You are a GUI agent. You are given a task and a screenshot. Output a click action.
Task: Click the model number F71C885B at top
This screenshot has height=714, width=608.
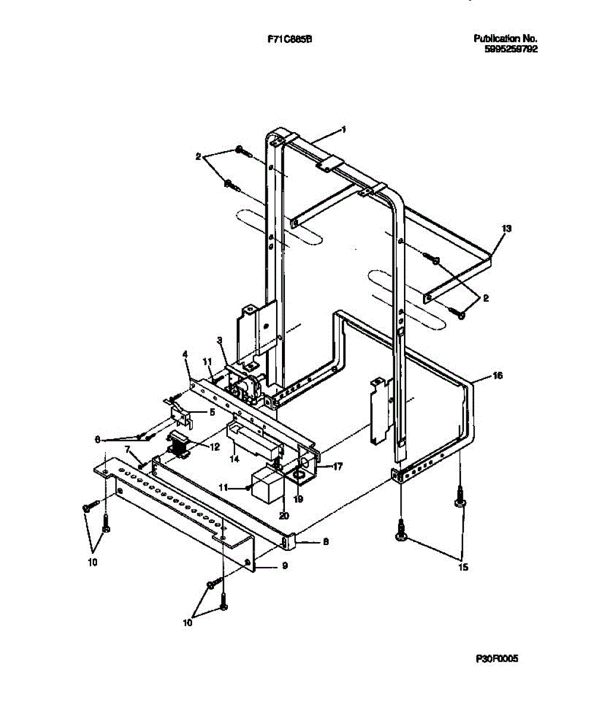(x=290, y=39)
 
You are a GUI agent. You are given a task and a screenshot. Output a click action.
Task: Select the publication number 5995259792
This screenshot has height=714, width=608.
(x=512, y=49)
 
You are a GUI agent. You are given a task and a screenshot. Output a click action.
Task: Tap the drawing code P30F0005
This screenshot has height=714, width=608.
(x=497, y=659)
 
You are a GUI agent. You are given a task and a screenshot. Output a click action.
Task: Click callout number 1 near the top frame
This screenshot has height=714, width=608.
(x=343, y=129)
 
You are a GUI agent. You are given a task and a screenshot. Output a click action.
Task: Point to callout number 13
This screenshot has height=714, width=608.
(x=506, y=228)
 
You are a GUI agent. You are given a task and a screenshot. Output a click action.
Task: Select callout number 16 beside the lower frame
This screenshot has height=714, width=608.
(x=498, y=375)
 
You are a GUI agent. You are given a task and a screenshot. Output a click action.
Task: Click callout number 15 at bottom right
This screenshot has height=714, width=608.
(x=463, y=567)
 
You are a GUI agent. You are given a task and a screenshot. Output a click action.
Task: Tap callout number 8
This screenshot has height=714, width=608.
(x=325, y=541)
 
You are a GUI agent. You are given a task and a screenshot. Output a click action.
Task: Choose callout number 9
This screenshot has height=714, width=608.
(x=285, y=565)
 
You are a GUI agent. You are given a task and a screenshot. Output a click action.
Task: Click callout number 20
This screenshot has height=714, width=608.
(x=284, y=516)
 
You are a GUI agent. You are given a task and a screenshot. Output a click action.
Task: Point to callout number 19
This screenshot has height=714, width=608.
(x=299, y=499)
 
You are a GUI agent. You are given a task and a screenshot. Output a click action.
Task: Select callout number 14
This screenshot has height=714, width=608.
(x=235, y=459)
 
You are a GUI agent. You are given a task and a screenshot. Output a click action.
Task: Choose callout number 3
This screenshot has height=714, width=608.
(x=220, y=340)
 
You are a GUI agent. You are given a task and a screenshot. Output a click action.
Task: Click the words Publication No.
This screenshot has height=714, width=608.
(x=506, y=39)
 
